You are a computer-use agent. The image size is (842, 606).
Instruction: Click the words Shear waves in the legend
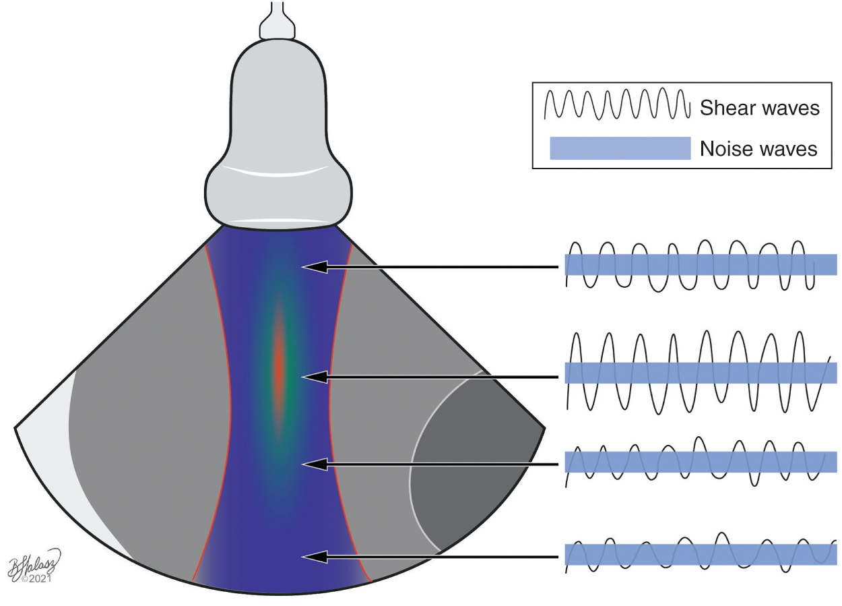pyautogui.click(x=760, y=108)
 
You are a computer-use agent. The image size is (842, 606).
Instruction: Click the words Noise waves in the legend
pyautogui.click(x=758, y=148)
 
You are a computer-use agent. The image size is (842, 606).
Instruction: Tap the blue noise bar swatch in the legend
pyautogui.click(x=620, y=148)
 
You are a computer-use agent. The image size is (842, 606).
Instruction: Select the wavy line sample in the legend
pyautogui.click(x=616, y=104)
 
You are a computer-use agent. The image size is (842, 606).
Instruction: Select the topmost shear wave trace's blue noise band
pyautogui.click(x=701, y=264)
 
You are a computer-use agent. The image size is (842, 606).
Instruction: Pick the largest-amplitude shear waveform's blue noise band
pyautogui.click(x=701, y=373)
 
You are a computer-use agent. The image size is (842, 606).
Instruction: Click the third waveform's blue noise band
pyautogui.click(x=701, y=462)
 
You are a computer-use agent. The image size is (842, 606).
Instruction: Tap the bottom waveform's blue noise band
pyautogui.click(x=701, y=554)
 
